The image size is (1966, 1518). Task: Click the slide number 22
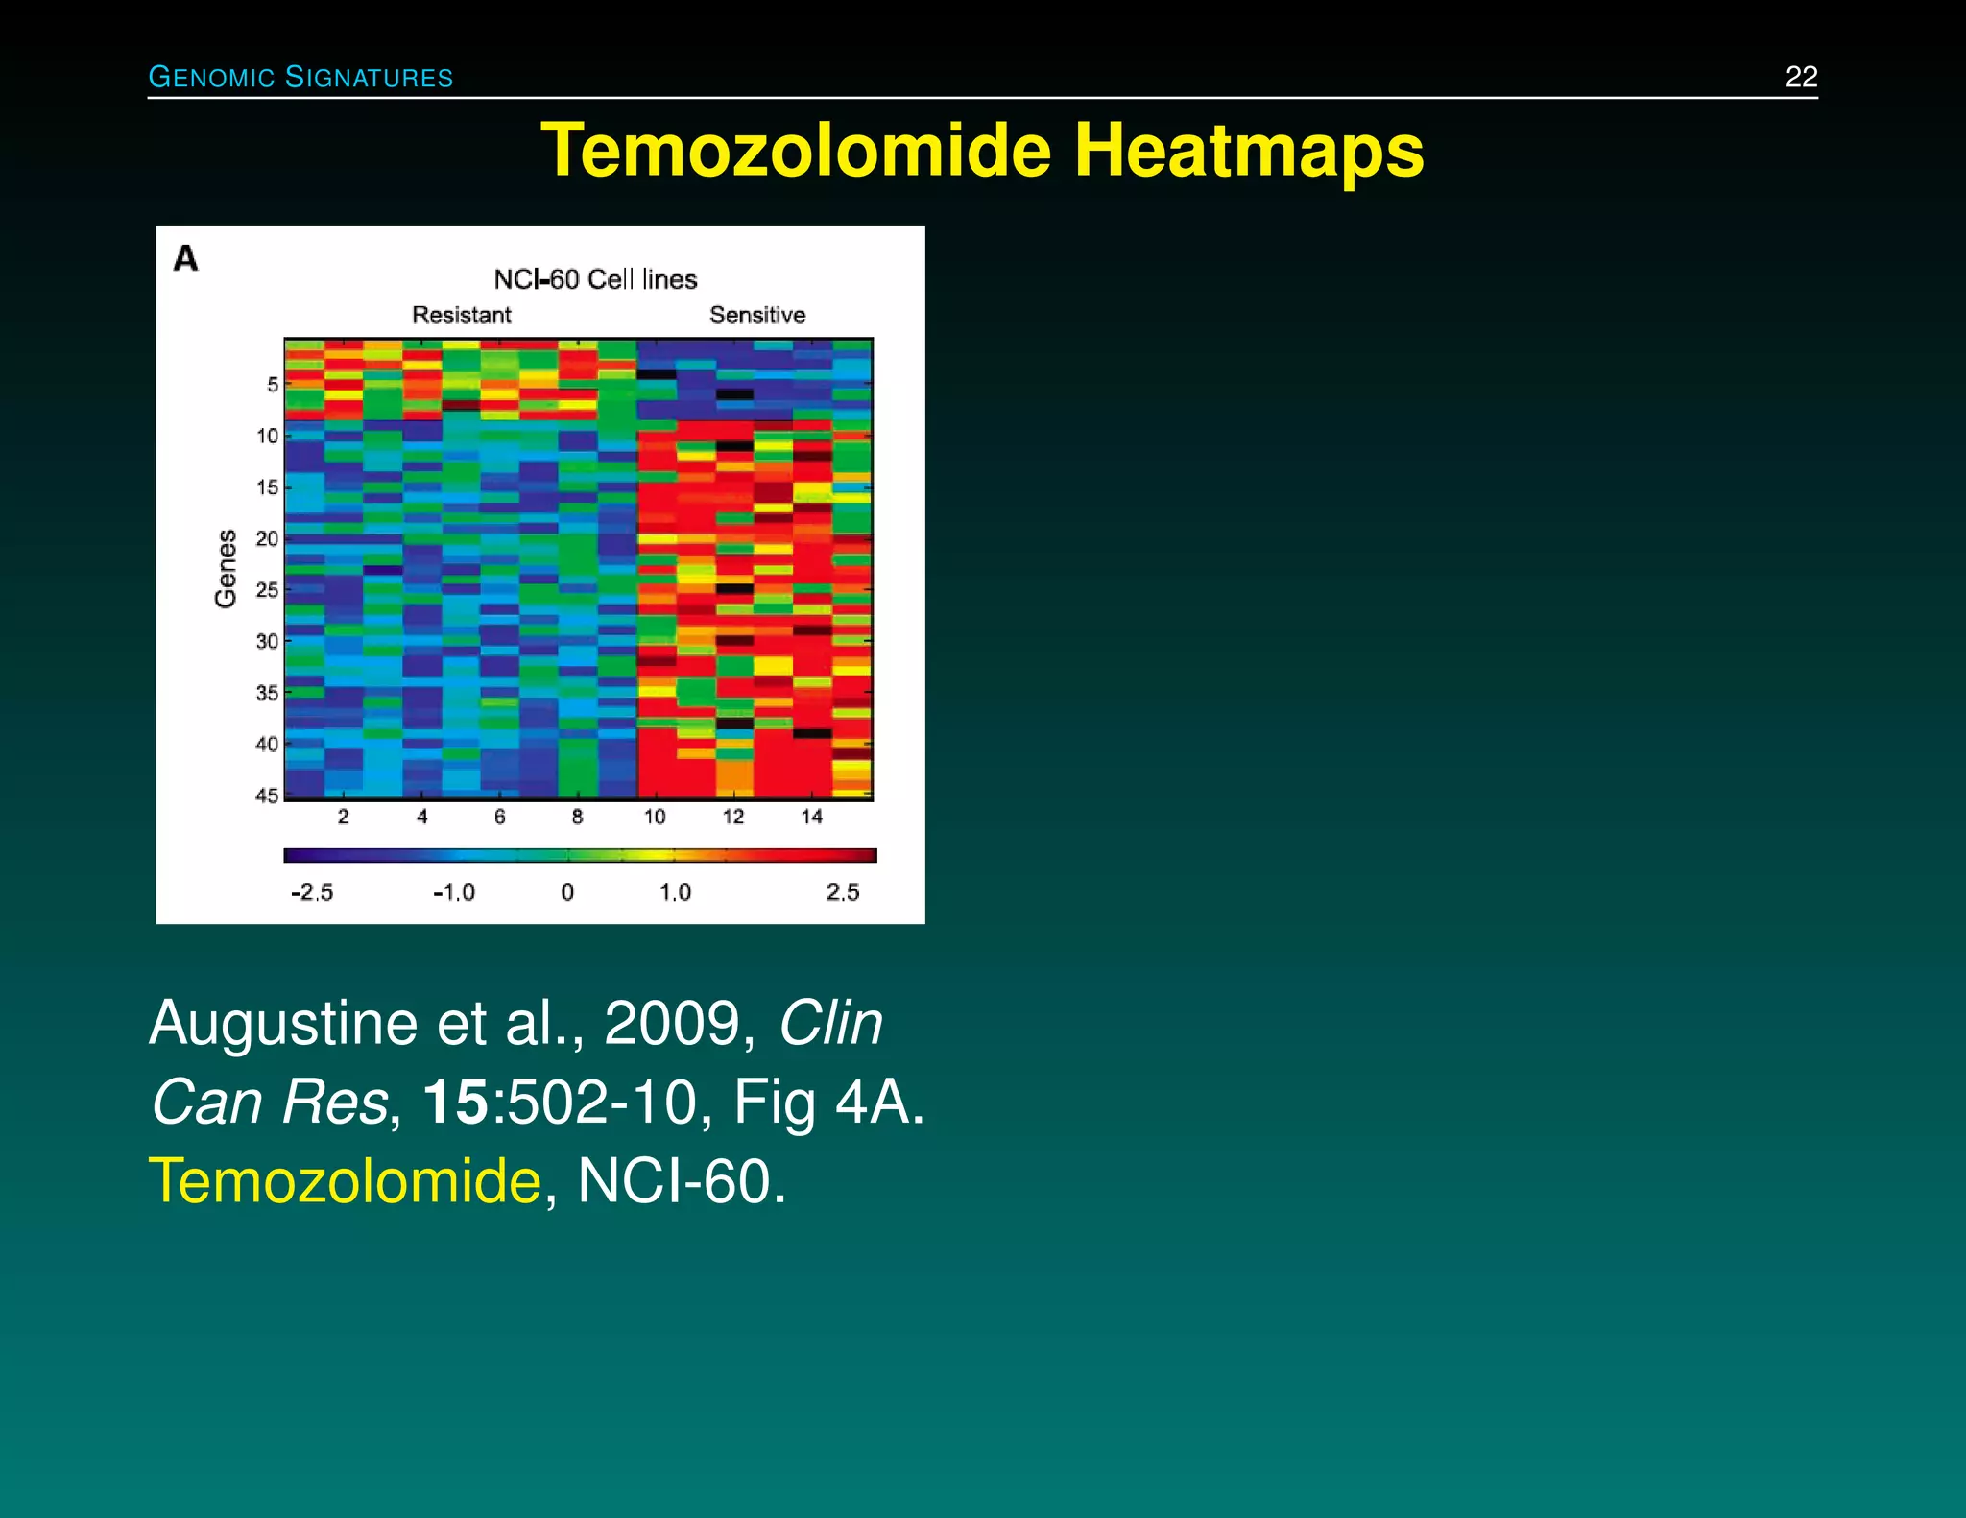coord(1801,77)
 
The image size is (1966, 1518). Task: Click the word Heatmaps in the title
coord(1248,151)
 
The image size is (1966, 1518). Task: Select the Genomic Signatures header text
coord(300,77)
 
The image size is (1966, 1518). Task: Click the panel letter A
coord(185,258)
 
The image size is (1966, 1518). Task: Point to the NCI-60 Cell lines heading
coord(595,279)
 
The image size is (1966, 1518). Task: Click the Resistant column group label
coord(462,315)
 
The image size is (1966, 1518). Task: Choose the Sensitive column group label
coord(757,315)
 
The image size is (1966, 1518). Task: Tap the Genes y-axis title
coord(226,568)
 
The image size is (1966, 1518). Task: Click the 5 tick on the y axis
coord(273,384)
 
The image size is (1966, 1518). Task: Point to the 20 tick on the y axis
coord(267,538)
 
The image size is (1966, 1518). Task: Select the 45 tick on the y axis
coord(267,795)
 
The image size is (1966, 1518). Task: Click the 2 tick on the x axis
coord(343,817)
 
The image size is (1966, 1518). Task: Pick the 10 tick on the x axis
coord(655,817)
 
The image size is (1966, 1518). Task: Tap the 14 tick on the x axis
coord(812,817)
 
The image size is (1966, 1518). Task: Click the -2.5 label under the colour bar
coord(312,892)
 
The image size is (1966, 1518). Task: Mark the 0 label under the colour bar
coord(567,892)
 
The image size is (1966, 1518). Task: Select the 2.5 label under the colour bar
coord(843,892)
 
